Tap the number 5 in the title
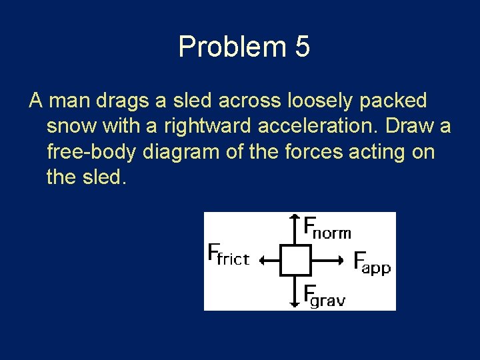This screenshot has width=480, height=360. point(302,47)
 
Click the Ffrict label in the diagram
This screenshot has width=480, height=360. point(229,255)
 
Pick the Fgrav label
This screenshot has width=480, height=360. point(324,295)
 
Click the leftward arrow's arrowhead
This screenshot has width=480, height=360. point(263,261)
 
